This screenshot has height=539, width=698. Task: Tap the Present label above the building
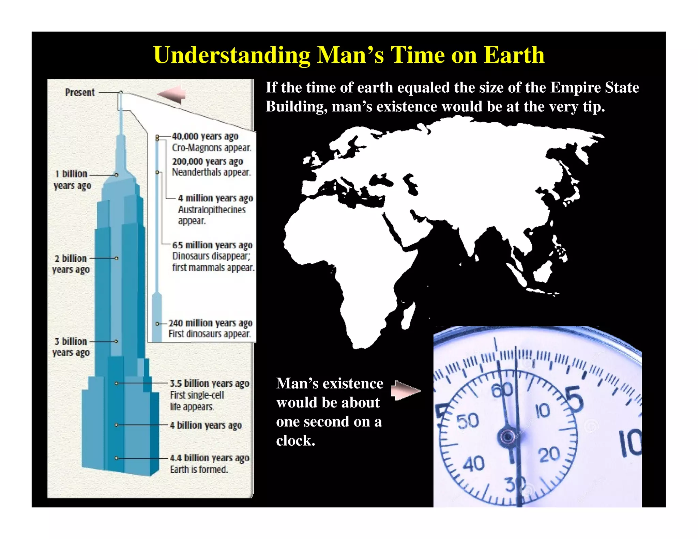click(80, 92)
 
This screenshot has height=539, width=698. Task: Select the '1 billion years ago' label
click(72, 180)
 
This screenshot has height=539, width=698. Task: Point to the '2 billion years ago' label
click(71, 264)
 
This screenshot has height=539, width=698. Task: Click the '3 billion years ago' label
click(71, 346)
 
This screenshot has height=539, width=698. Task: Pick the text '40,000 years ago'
click(205, 136)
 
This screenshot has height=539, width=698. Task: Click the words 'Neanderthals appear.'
click(211, 172)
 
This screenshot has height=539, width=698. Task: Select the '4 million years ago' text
click(215, 198)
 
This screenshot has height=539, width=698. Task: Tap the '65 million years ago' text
click(212, 245)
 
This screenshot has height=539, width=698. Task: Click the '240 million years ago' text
click(210, 323)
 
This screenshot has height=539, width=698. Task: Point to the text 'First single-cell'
click(197, 395)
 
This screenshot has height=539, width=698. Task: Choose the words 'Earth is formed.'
click(199, 470)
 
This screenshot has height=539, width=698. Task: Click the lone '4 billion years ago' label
click(206, 425)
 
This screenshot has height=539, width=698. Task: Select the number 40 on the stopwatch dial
click(473, 464)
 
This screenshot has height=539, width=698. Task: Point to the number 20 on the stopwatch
click(549, 455)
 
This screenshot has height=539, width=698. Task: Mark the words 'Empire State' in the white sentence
click(595, 88)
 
